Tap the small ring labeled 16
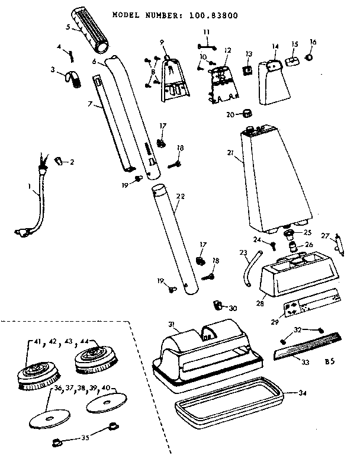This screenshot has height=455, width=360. pos(309,57)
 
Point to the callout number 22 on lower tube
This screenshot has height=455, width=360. pos(181,196)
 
